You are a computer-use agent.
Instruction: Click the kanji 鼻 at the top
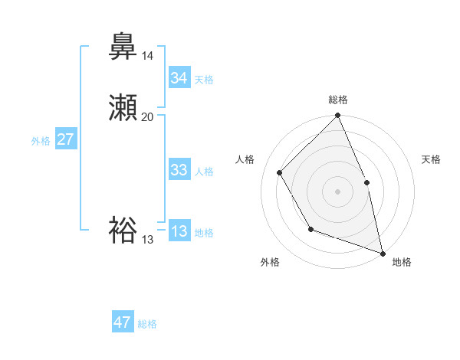pyautogui.click(x=123, y=47)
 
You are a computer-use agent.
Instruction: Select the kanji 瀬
pyautogui.click(x=123, y=108)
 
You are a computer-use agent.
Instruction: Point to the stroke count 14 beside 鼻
pyautogui.click(x=147, y=56)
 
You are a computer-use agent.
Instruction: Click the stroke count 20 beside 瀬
pyautogui.click(x=148, y=117)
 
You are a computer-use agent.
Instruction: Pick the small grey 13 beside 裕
pyautogui.click(x=147, y=240)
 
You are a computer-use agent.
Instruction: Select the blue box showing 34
pyautogui.click(x=179, y=78)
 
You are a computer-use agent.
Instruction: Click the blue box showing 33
pyautogui.click(x=179, y=170)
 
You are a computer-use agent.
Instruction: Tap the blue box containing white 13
pyautogui.click(x=179, y=231)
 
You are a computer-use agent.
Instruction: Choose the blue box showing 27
pyautogui.click(x=66, y=139)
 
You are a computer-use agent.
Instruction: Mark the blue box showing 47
pyautogui.click(x=123, y=322)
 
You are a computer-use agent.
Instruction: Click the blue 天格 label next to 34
pyautogui.click(x=204, y=80)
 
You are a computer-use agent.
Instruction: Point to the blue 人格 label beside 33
pyautogui.click(x=204, y=172)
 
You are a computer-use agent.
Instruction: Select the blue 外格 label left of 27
pyautogui.click(x=41, y=141)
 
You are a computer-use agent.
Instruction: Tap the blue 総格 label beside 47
pyautogui.click(x=147, y=324)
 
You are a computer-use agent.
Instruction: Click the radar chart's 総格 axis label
pyautogui.click(x=338, y=100)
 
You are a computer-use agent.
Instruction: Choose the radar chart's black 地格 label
pyautogui.click(x=402, y=262)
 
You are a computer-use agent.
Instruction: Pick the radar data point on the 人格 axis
pyautogui.click(x=280, y=172)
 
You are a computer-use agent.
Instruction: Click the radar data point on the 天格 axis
pyautogui.click(x=366, y=182)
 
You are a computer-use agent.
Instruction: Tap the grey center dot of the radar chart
pyautogui.click(x=337, y=191)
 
